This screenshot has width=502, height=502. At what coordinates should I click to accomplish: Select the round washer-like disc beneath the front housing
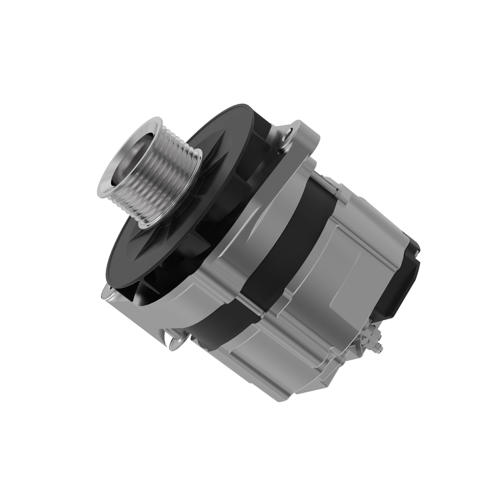pyautogui.click(x=177, y=343)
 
